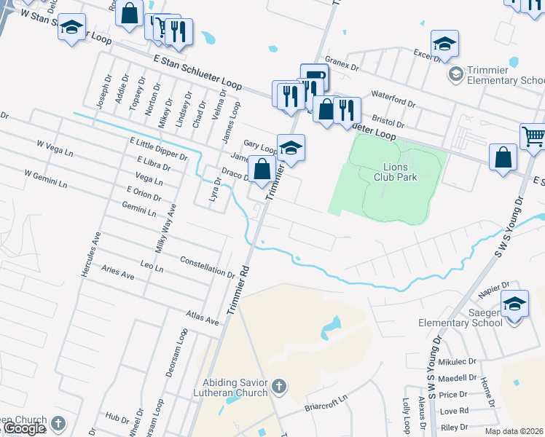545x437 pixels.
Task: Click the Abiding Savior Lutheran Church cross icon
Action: (278, 385)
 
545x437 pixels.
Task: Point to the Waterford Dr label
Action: (392, 95)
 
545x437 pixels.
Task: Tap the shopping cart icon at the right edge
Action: (533, 137)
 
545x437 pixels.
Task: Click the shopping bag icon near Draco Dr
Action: (262, 169)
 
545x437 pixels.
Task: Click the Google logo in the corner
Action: (23, 429)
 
